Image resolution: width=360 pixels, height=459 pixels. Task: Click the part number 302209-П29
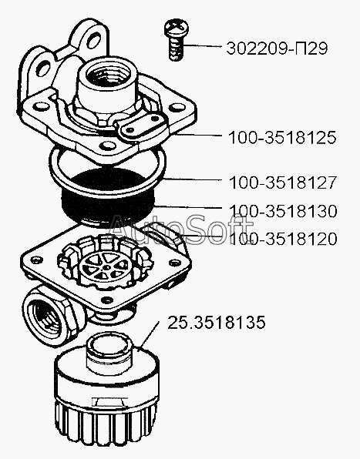click(277, 49)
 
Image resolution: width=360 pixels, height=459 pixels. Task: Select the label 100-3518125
click(282, 138)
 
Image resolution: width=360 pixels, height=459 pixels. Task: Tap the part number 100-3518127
click(283, 183)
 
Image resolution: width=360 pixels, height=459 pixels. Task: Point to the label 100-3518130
click(283, 211)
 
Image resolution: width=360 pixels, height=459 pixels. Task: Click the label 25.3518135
click(216, 322)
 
